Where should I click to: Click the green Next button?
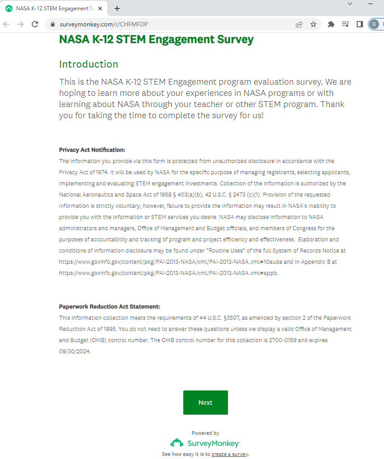coord(205,403)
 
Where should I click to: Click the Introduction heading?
coord(89,64)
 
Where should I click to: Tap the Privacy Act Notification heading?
coord(92,150)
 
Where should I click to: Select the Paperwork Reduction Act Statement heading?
coord(110,307)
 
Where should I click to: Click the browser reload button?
coord(35,24)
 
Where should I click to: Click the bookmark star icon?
coord(313,24)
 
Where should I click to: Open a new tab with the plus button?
coord(117,9)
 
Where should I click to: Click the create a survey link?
coord(229,454)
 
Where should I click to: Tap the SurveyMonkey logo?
coord(205,443)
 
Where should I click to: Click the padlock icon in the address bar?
coord(53,24)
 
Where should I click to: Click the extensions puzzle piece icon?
coord(331,24)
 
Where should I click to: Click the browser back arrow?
coord(6,24)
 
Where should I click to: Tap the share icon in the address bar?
coord(299,24)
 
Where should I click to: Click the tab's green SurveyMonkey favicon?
coord(9,9)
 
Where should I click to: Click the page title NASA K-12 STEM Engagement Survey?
coord(156,39)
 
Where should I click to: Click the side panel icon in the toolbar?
coord(359,24)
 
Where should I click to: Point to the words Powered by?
coord(205,433)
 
